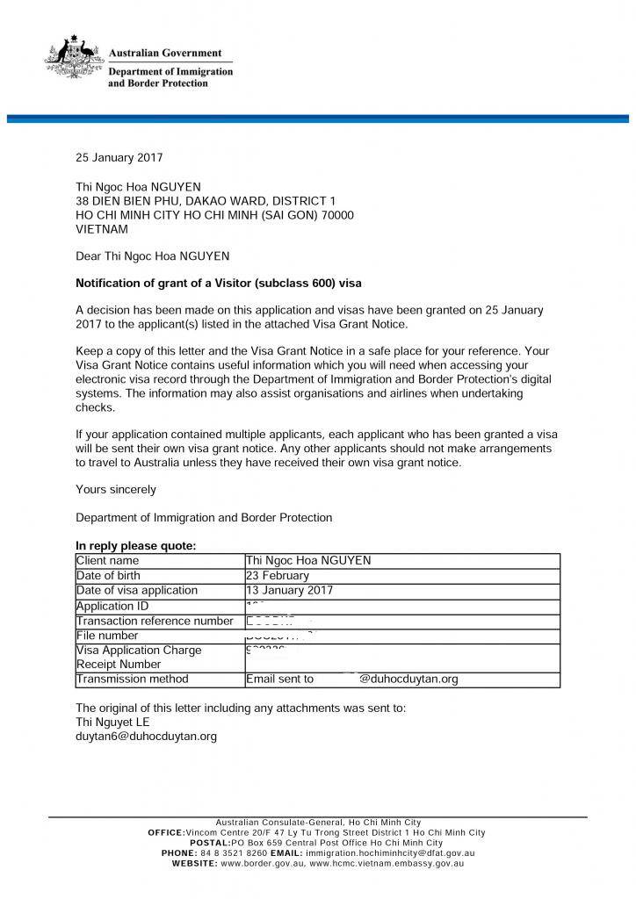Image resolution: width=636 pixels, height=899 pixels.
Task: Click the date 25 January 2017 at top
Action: pos(119,158)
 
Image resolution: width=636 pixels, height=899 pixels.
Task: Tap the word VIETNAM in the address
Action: pos(102,229)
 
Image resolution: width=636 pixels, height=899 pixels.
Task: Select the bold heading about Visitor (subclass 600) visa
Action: pos(218,284)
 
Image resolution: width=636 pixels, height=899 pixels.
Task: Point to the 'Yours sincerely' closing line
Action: pos(116,489)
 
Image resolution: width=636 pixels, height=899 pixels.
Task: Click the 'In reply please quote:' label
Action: pos(136,546)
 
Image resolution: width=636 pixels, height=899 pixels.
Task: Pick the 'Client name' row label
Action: pos(108,560)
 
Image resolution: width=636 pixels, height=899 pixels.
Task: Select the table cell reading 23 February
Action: pos(278,576)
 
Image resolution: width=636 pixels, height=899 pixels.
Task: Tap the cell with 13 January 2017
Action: pos(290,591)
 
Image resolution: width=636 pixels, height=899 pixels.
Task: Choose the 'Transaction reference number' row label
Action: pos(155,621)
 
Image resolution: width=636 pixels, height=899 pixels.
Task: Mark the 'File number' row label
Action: pos(107,636)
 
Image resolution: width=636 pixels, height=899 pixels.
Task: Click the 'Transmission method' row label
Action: pos(133,680)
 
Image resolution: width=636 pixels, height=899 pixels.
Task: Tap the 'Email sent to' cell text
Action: pos(279,680)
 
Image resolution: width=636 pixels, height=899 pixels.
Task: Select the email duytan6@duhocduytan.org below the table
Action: pos(146,737)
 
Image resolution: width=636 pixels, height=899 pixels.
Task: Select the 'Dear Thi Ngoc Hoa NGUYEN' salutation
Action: pos(153,256)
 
